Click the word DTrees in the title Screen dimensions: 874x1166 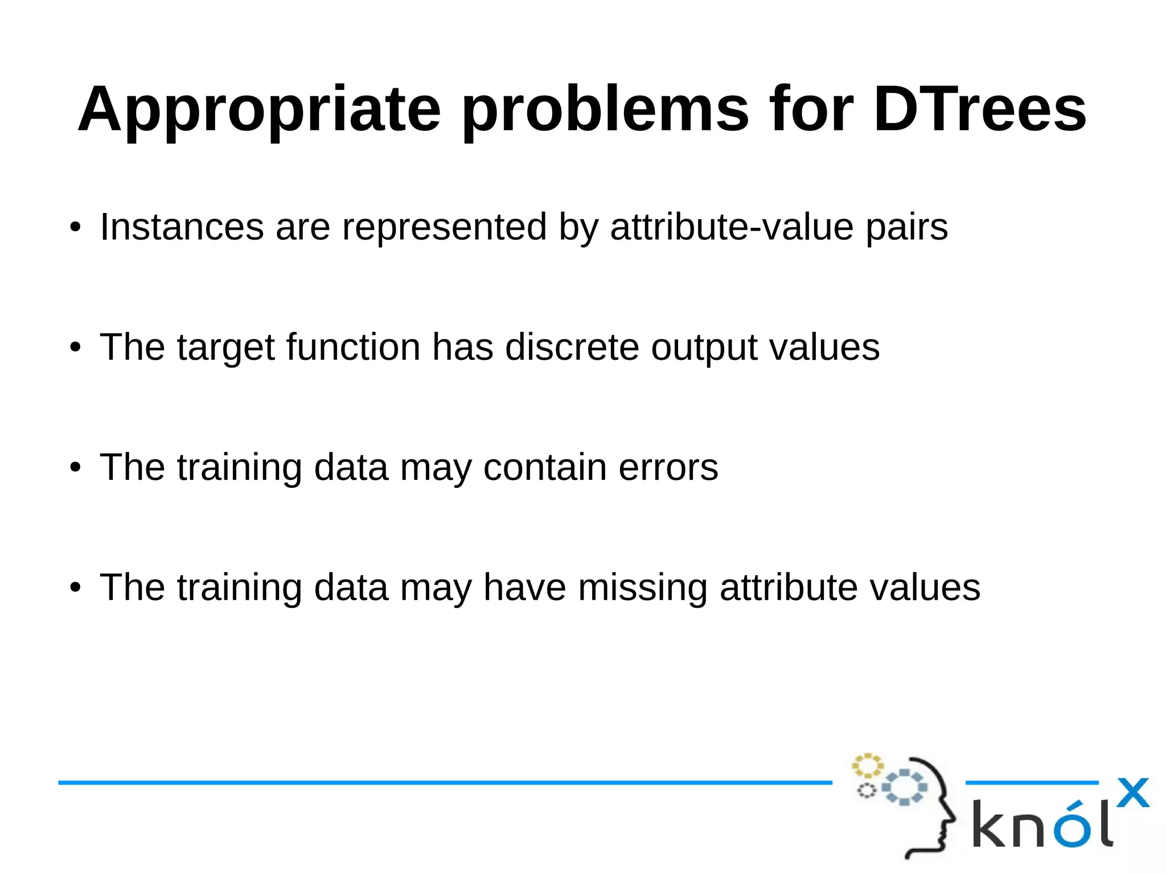coord(979,109)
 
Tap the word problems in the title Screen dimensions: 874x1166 coord(605,109)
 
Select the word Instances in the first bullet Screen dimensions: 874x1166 coord(182,227)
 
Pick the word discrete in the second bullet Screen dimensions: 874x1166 coord(572,347)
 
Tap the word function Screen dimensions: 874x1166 coord(353,347)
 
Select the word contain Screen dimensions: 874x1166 coord(545,467)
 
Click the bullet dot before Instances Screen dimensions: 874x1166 coord(75,228)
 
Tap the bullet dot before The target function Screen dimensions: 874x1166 coord(75,348)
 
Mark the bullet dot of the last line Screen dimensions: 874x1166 coord(75,588)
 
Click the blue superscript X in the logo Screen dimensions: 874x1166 coord(1132,793)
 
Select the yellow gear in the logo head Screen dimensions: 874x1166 coord(867,766)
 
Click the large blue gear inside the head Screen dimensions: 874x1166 coord(904,787)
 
